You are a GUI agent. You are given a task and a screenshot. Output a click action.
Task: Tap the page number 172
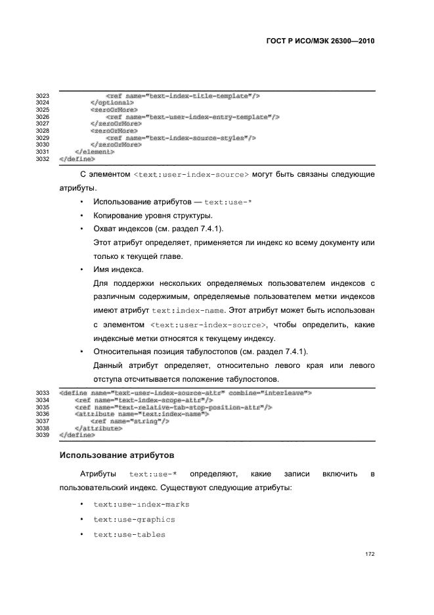pyautogui.click(x=370, y=554)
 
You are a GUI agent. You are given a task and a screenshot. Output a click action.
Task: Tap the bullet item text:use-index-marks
pyautogui.click(x=141, y=504)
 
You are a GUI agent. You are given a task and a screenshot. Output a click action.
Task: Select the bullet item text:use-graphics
pyautogui.click(x=134, y=519)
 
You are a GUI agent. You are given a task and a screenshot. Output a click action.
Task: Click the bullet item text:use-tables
pyautogui.click(x=129, y=534)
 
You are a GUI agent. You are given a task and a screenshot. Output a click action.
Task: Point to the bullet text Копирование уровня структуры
pyautogui.click(x=153, y=216)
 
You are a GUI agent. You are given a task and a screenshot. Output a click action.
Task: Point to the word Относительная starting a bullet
pyautogui.click(x=125, y=351)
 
